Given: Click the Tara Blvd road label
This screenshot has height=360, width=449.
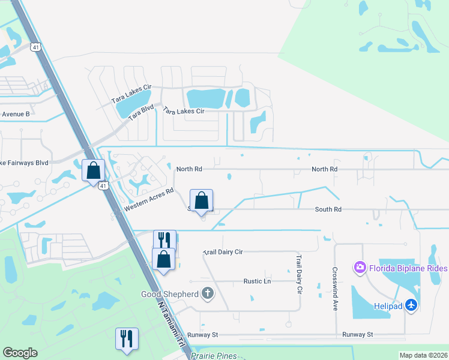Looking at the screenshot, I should [140, 114].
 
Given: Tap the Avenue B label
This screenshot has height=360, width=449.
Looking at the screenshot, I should [15, 114].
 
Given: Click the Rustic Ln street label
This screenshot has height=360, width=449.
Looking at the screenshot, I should [257, 281].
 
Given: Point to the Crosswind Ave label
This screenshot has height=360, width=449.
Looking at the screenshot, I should [335, 289].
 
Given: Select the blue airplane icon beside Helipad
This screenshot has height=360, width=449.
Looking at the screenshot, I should [411, 305].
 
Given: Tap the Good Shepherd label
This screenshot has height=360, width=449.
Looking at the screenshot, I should [169, 294].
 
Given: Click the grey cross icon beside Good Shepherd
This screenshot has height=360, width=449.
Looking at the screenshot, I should [207, 293].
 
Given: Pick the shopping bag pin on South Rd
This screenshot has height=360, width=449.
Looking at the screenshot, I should [201, 200].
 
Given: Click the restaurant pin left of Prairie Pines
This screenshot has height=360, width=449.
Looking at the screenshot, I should [127, 339].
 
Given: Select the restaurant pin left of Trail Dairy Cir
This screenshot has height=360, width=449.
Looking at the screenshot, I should [164, 239].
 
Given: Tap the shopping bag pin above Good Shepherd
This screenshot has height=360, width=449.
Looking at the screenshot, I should [163, 259].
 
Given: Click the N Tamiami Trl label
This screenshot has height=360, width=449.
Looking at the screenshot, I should [172, 322].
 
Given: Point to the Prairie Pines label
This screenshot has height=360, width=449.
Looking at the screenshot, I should [214, 356].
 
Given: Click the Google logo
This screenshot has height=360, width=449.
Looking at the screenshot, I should [20, 353].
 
